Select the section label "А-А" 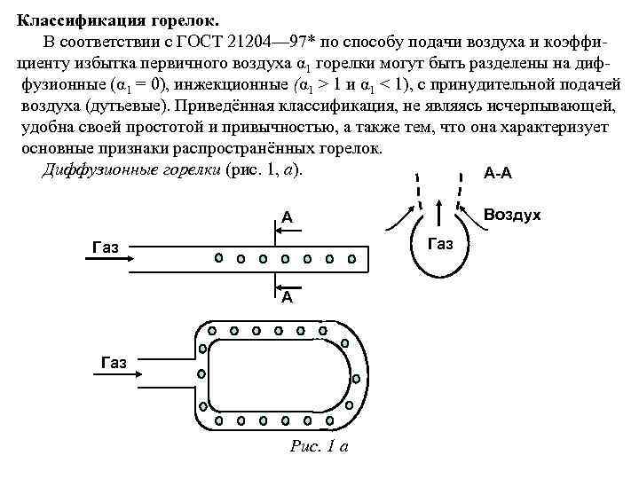498,173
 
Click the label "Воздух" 512,215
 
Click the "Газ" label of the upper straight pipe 106,246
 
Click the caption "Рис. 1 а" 319,446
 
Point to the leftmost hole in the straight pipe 218,259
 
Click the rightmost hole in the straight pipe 351,259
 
